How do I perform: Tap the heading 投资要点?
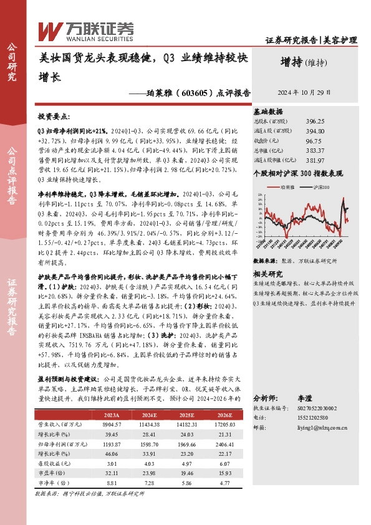(x=54, y=117)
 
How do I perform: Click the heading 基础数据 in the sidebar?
(x=268, y=111)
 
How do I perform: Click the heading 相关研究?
(x=268, y=273)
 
